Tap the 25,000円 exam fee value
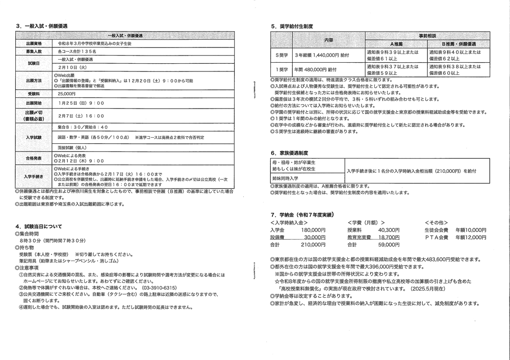[66, 94]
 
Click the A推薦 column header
[396, 44]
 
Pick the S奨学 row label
[282, 55]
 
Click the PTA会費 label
[436, 237]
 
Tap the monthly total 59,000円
[374, 245]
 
